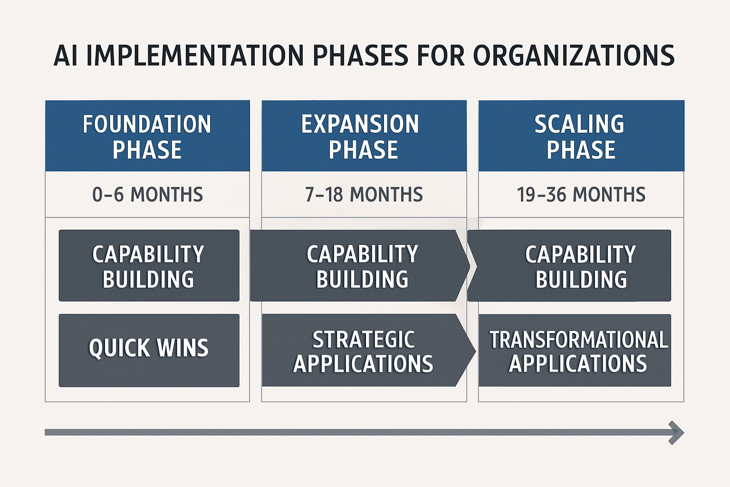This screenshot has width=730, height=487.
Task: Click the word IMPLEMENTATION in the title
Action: coord(195,56)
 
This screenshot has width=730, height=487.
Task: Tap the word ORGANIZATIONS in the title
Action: coord(574,56)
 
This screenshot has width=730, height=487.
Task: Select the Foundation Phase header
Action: coord(147,136)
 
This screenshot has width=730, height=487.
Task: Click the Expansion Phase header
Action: coord(364,136)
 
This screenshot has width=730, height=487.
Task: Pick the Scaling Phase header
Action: coord(581,136)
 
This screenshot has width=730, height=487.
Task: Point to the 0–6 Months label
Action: coord(147,195)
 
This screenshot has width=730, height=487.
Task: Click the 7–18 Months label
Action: coord(364,195)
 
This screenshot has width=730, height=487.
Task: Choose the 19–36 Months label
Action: coord(581,195)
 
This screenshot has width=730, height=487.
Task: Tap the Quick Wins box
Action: coord(149,350)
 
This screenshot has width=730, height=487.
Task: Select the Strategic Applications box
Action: coord(364,351)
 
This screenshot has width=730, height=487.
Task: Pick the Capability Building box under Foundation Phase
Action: coord(149,266)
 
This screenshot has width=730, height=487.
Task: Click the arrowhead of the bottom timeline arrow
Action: coord(677,432)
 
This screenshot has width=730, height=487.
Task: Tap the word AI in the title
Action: coord(66,56)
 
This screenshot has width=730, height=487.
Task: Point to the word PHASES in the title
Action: coord(360,56)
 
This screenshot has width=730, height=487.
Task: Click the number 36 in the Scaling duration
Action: coord(557,195)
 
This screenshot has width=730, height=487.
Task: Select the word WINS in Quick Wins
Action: coord(183,348)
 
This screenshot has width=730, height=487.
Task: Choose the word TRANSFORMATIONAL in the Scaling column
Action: coord(578,340)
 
